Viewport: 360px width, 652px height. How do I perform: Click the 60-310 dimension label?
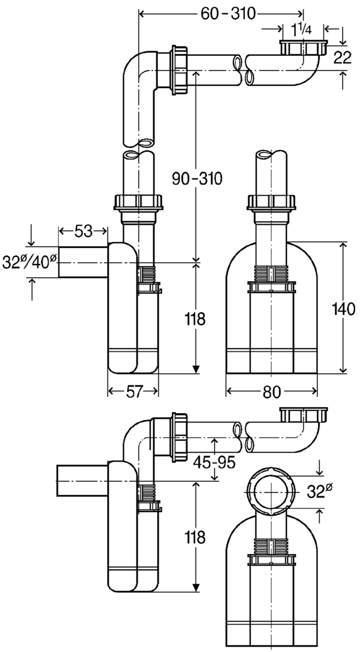point(228,14)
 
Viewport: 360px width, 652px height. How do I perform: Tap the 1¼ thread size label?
point(301,29)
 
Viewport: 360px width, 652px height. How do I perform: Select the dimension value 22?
point(342,57)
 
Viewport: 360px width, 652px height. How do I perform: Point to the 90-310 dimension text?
point(197,178)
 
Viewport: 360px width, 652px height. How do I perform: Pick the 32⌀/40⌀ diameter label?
point(30,262)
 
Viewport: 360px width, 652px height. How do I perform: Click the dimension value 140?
point(343,308)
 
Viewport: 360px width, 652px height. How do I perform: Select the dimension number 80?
point(271,392)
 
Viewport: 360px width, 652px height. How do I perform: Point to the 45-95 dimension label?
point(214,462)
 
